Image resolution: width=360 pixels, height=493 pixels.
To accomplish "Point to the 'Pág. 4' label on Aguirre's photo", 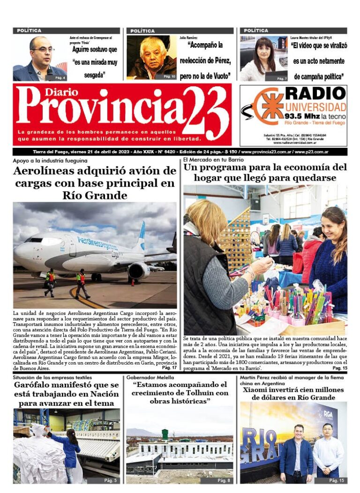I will coord(60,77).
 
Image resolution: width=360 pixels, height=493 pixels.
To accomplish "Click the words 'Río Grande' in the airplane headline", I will coord(95,195).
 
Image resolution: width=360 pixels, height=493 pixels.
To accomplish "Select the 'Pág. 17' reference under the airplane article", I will coord(169,367).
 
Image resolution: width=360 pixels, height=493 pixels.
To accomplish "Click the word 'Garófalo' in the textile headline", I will coord(36,386).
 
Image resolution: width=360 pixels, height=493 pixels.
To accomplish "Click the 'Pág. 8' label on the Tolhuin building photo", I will coord(223,480).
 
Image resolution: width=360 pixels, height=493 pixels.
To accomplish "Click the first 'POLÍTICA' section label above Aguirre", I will coord(29,30).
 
